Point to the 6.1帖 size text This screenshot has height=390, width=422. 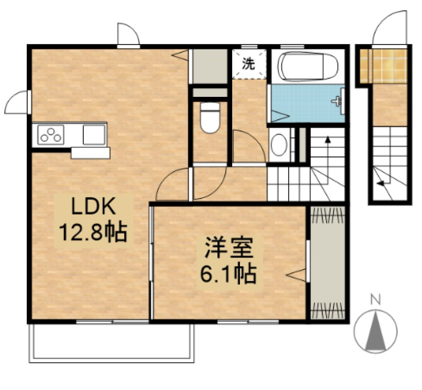coord(229,274)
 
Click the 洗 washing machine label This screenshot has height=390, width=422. coord(249,64)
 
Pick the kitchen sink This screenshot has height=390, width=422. coord(94,134)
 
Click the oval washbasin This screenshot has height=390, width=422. coord(279,145)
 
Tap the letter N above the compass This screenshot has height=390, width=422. coord(375,301)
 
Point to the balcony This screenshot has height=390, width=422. coord(112,343)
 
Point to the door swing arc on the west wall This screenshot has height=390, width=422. coord(17,101)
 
